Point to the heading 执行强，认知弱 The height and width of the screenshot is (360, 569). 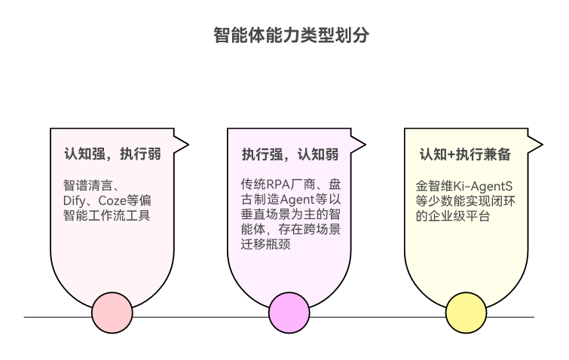click(x=289, y=154)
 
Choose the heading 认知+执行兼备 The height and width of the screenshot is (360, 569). click(x=465, y=154)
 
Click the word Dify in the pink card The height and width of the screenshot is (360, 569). click(x=74, y=200)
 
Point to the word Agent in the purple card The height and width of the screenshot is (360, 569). click(x=295, y=200)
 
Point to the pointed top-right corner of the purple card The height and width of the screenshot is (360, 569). click(x=365, y=142)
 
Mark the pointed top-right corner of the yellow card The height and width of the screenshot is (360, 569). click(x=542, y=142)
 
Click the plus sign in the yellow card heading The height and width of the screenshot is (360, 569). click(x=451, y=154)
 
